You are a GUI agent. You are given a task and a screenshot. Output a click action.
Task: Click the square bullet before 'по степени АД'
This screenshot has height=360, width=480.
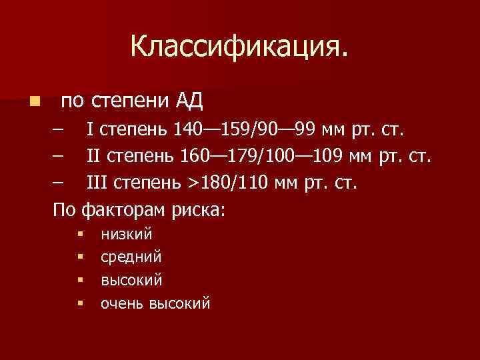(x=34, y=103)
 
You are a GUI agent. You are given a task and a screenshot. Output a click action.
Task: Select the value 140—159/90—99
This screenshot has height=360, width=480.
(x=245, y=129)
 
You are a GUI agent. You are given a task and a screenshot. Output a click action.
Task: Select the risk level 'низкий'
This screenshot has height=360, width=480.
(x=126, y=235)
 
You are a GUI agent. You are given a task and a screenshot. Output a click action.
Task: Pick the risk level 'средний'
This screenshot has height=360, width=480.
(x=131, y=257)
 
